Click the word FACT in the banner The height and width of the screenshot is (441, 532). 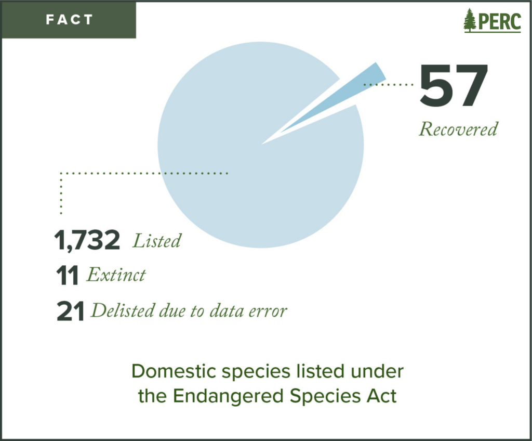coord(69,20)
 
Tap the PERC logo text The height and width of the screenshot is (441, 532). coord(499,21)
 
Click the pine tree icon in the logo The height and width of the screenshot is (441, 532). coord(470,20)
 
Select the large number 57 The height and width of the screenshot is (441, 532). coord(454,85)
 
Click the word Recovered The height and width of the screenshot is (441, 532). coord(458,129)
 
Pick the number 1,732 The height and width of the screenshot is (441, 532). coord(87,240)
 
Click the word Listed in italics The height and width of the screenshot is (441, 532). coord(157,241)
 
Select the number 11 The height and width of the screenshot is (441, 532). coord(67,275)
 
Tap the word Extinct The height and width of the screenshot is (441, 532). coord(116,275)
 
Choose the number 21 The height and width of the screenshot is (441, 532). coord(70,311)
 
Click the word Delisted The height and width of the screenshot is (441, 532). coord(123,310)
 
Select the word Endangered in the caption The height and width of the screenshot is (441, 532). coord(228,396)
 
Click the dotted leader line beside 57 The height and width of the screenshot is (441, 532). coord(389,84)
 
